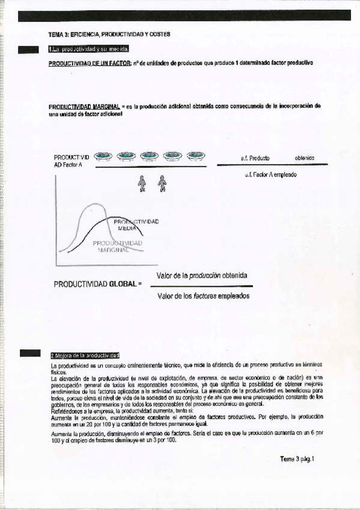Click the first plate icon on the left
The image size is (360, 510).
[x=104, y=156]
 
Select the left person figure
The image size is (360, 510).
[x=142, y=183]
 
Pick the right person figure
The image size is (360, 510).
[x=162, y=183]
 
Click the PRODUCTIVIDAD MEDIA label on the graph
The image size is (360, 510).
[x=136, y=225]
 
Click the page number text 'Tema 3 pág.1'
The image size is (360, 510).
[x=297, y=459]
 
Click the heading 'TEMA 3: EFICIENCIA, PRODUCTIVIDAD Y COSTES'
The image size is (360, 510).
[x=109, y=34]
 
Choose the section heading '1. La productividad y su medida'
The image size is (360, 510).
[x=89, y=49]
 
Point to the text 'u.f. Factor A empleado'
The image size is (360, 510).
[x=271, y=175]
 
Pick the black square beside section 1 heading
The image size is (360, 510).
[x=29, y=49]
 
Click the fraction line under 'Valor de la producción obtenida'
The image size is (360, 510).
[x=204, y=286]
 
